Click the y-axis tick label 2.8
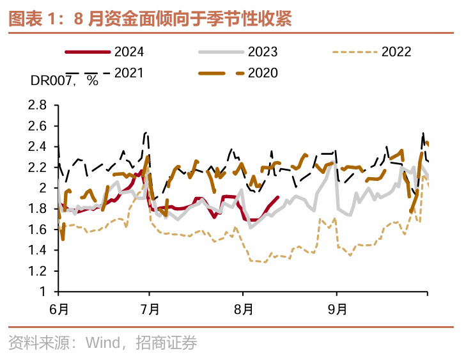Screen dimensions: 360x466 tap(38, 105)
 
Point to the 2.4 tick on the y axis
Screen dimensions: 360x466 tap(38, 146)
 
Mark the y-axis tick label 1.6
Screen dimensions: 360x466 tap(38, 230)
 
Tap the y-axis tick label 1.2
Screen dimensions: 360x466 tap(38, 271)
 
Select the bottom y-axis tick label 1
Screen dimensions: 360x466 tap(43, 292)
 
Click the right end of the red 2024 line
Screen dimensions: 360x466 tap(277, 198)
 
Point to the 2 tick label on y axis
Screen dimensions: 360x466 tap(43, 188)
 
